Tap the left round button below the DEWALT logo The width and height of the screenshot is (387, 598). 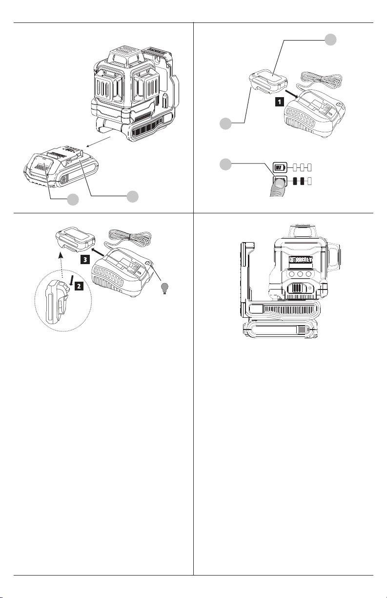(282, 274)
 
